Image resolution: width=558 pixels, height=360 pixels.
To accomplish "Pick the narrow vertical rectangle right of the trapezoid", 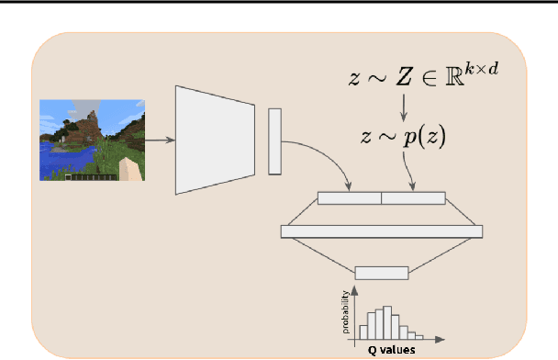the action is coord(273,141).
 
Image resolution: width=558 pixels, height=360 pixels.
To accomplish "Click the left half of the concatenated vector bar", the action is coord(349,197).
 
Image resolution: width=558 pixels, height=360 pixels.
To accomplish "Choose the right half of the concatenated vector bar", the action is coord(413,197).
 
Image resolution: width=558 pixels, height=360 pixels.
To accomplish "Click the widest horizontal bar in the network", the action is coord(381,231).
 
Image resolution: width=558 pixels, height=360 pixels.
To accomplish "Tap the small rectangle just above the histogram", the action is coord(381,272).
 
